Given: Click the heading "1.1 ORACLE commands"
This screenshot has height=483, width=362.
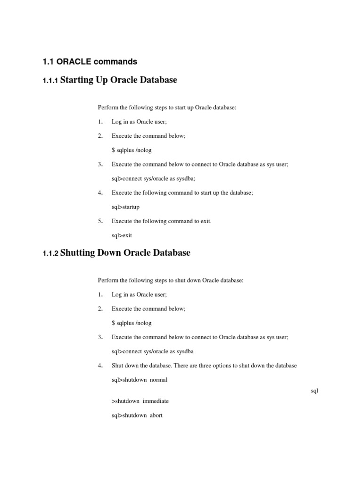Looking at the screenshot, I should pyautogui.click(x=90, y=62).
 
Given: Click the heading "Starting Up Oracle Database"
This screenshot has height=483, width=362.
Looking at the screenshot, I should pyautogui.click(x=119, y=80).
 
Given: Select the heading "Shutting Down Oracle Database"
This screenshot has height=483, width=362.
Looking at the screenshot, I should pyautogui.click(x=125, y=253).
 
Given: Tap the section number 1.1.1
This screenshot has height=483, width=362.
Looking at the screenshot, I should pyautogui.click(x=50, y=81).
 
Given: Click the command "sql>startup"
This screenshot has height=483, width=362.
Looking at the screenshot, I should pyautogui.click(x=125, y=207).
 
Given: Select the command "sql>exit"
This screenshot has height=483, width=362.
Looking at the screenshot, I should pyautogui.click(x=122, y=235).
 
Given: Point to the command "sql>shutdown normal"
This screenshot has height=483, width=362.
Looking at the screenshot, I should pyautogui.click(x=140, y=380).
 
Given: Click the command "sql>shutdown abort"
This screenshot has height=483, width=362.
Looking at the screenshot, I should pyautogui.click(x=137, y=416).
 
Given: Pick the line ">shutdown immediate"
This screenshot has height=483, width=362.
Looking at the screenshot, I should pyautogui.click(x=140, y=401).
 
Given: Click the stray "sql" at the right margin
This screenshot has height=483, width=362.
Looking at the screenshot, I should pyautogui.click(x=315, y=391).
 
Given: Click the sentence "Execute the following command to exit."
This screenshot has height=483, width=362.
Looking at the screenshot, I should pyautogui.click(x=162, y=221).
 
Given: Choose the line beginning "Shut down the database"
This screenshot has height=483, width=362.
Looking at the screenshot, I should pyautogui.click(x=204, y=366).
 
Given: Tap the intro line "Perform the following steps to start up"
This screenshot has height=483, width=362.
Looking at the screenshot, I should pyautogui.click(x=167, y=108).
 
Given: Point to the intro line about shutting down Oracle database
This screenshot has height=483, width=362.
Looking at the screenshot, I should pyautogui.click(x=171, y=280).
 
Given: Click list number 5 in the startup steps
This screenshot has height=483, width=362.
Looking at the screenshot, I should pyautogui.click(x=100, y=221).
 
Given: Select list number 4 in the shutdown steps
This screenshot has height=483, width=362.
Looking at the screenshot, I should pyautogui.click(x=100, y=366).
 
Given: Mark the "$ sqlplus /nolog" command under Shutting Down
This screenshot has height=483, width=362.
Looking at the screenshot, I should pyautogui.click(x=132, y=323).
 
